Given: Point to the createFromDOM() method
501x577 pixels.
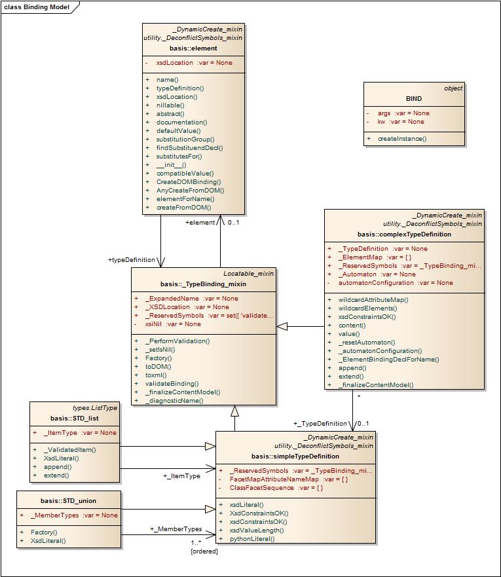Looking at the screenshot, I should tap(183, 208).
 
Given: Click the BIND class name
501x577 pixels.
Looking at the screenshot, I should tap(414, 99).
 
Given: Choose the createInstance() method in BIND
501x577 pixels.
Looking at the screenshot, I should tap(401, 139).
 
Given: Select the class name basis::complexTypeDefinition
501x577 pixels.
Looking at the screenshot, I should tap(404, 234).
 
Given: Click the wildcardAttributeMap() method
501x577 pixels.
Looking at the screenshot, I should tap(373, 300).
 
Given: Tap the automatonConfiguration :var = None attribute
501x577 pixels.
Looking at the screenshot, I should tap(395, 283).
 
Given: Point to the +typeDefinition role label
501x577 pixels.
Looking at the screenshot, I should tap(132, 260).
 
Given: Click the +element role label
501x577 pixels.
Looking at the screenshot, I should tap(200, 223).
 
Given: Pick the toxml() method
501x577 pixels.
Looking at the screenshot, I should tap(155, 375).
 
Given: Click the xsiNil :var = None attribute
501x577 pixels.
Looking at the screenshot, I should tap(173, 324).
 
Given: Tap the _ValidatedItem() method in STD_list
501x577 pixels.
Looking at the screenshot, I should tap(69, 450).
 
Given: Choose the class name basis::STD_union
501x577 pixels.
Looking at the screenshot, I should tap(68, 501).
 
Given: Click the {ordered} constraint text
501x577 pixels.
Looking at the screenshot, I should tap(204, 551).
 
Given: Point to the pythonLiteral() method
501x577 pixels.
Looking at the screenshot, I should tap(251, 539).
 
